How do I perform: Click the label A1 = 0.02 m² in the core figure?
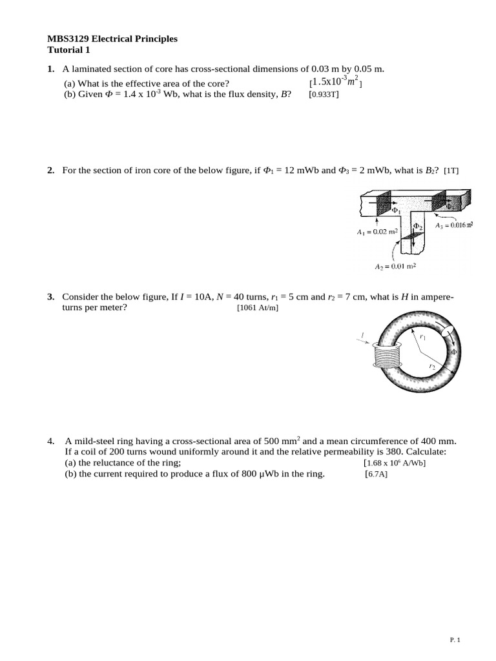[377, 231]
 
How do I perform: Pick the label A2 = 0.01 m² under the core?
[395, 265]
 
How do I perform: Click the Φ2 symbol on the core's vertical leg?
[418, 227]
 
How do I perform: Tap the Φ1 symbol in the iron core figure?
[397, 210]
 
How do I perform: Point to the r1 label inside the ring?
[423, 336]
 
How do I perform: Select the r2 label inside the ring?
[432, 366]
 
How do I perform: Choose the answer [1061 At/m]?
[258, 308]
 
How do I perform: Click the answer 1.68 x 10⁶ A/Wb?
[395, 463]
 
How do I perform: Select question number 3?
[50, 297]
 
